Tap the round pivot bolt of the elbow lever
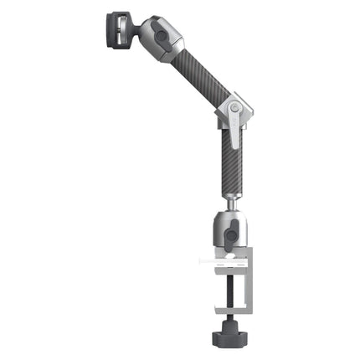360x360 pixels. (235, 107)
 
